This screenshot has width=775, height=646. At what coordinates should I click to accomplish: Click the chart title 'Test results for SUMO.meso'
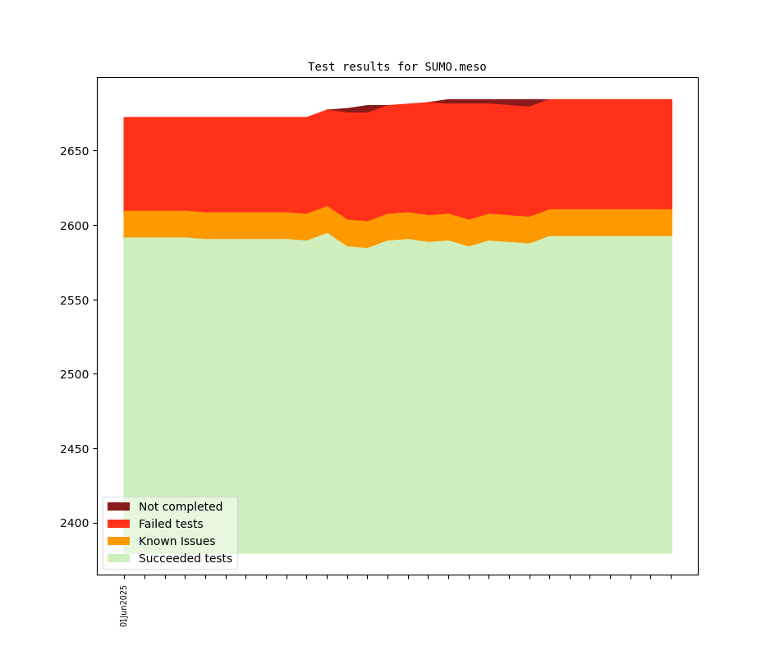pyautogui.click(x=397, y=67)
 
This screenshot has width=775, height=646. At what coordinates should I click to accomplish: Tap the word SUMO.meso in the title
pyautogui.click(x=455, y=67)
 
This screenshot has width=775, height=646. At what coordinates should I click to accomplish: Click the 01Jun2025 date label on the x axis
pyautogui.click(x=124, y=606)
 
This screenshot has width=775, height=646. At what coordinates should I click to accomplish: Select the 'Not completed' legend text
pyautogui.click(x=181, y=507)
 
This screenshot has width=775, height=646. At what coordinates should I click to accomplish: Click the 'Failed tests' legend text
pyautogui.click(x=171, y=525)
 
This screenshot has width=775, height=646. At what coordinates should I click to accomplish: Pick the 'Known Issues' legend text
pyautogui.click(x=177, y=542)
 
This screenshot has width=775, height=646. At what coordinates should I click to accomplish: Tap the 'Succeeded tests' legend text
pyautogui.click(x=186, y=559)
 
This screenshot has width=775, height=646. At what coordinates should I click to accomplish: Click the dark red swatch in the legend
pyautogui.click(x=118, y=507)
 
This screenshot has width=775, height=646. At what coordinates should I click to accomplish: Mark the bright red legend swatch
pyautogui.click(x=118, y=525)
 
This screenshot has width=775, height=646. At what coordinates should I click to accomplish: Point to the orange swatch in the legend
pyautogui.click(x=118, y=542)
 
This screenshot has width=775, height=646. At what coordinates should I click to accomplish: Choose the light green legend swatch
pyautogui.click(x=118, y=559)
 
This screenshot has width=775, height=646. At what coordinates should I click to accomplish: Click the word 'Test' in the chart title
pyautogui.click(x=321, y=67)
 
